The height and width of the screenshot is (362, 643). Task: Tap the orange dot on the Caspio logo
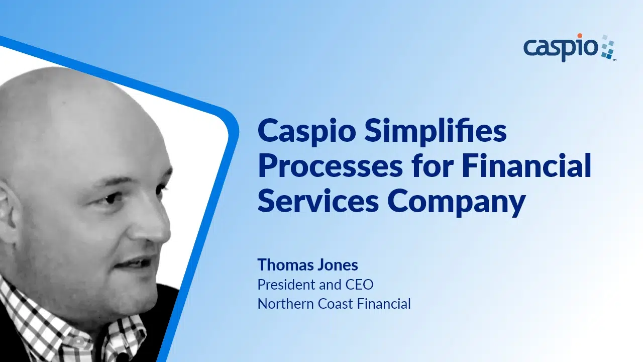[x=580, y=36]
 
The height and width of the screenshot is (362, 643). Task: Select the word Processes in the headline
[x=330, y=165]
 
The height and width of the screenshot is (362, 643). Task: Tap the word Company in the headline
[x=456, y=203]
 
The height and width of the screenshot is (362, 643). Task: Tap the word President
[x=286, y=285]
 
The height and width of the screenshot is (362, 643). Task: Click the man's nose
[x=155, y=224]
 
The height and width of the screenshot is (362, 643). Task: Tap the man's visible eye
[x=114, y=198]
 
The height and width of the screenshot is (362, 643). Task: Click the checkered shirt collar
[x=72, y=330]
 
